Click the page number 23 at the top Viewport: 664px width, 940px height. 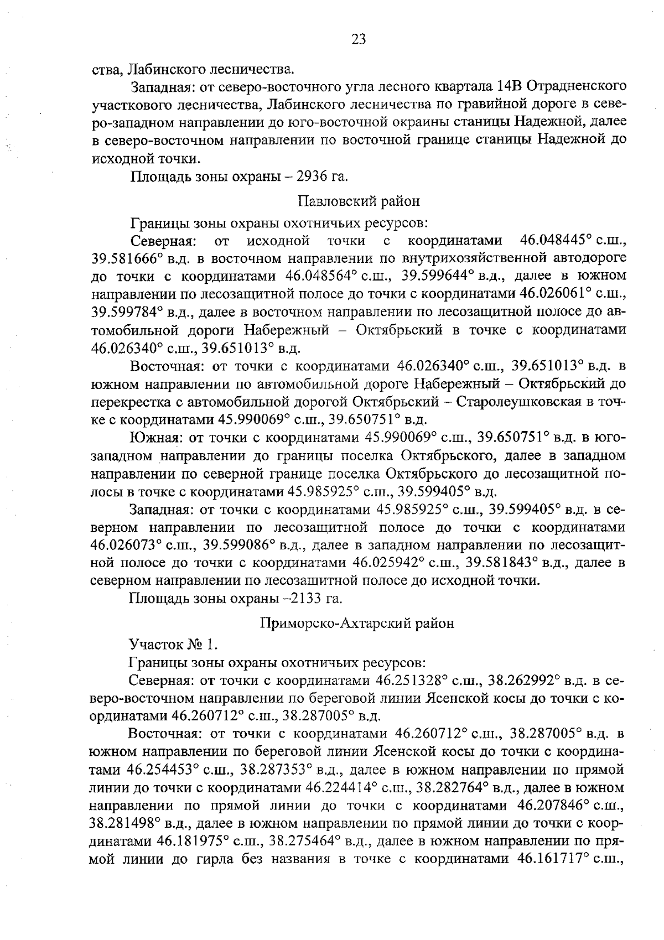pyautogui.click(x=359, y=39)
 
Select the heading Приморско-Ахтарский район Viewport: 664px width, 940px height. pyautogui.click(x=357, y=623)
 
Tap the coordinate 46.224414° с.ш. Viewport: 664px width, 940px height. pyautogui.click(x=356, y=787)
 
